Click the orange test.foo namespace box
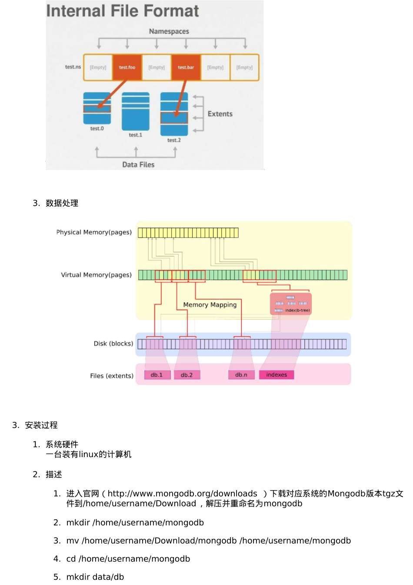tap(127, 67)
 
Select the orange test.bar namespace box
tap(186, 67)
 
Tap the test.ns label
tap(73, 67)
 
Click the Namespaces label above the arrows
tap(169, 31)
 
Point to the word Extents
tap(220, 114)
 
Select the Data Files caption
tap(138, 164)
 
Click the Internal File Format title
tap(123, 11)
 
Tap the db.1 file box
tap(157, 375)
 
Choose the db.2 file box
tap(187, 375)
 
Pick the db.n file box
tap(241, 375)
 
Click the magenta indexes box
tap(276, 375)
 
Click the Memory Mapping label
tap(210, 305)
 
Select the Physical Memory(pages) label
tap(94, 232)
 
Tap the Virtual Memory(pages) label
tap(96, 275)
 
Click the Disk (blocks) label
tap(113, 344)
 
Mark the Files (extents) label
tap(112, 376)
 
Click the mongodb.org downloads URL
tap(182, 494)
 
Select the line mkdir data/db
tap(95, 577)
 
